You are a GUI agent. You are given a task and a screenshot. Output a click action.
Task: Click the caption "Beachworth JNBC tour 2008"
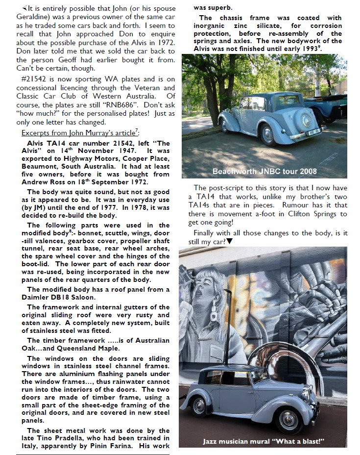pyautogui.click(x=264, y=171)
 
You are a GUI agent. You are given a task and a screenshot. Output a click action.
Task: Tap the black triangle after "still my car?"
pyautogui.click(x=229, y=242)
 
